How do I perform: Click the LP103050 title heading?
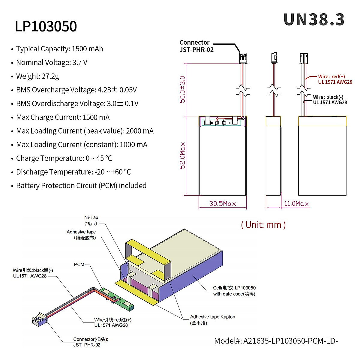click(x=46, y=26)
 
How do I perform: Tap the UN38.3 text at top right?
click(x=314, y=20)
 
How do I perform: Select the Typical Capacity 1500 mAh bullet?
click(x=59, y=49)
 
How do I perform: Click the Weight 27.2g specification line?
click(x=37, y=76)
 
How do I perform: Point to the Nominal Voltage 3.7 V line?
click(x=52, y=63)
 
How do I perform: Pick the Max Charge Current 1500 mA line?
click(x=63, y=117)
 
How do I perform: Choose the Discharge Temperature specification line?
click(x=73, y=172)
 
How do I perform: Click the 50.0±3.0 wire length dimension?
click(x=182, y=89)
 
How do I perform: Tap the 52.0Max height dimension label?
click(x=182, y=155)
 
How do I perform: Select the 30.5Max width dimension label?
click(x=223, y=204)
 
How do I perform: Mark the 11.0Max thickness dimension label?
click(x=296, y=204)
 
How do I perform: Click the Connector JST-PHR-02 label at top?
click(x=196, y=46)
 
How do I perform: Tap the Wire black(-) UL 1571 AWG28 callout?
click(x=330, y=100)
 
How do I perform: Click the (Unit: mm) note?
click(x=263, y=225)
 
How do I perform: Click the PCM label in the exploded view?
click(x=79, y=265)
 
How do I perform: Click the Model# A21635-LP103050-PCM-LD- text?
click(x=276, y=341)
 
